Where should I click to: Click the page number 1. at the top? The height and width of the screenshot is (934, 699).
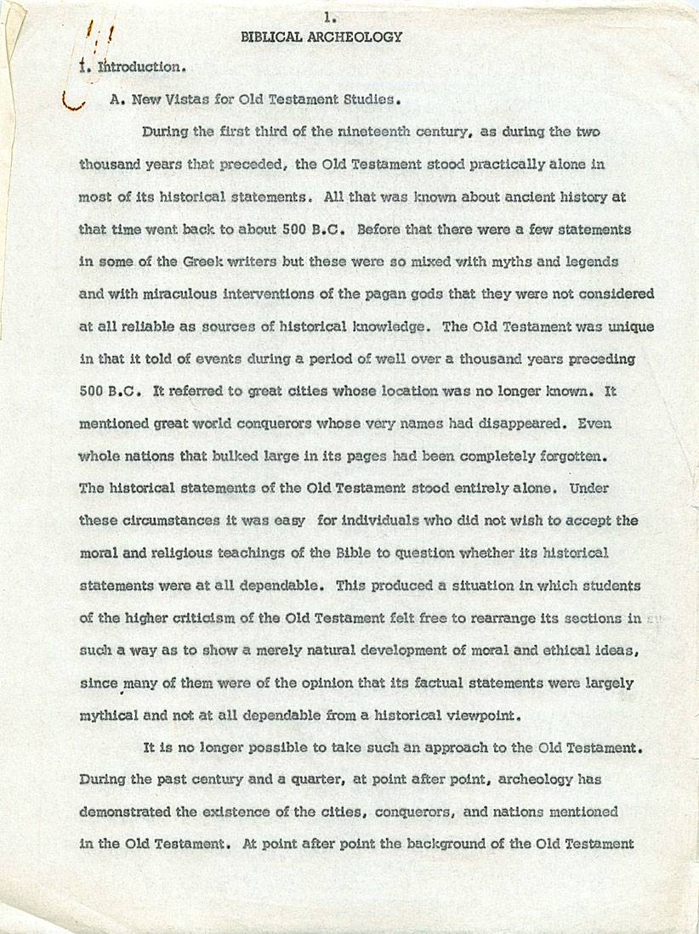pyautogui.click(x=327, y=16)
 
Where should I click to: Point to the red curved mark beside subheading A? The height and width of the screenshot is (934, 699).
pyautogui.click(x=75, y=103)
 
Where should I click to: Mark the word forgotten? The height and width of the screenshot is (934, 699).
pyautogui.click(x=572, y=456)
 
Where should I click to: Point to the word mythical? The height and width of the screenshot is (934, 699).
pyautogui.click(x=106, y=716)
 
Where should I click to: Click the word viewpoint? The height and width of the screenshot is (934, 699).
pyautogui.click(x=474, y=716)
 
